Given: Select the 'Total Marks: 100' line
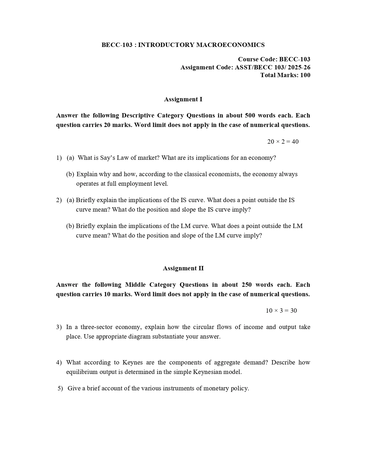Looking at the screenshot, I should click(x=285, y=75).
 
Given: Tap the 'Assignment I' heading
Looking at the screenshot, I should click(x=183, y=99).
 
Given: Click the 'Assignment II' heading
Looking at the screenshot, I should click(x=183, y=268).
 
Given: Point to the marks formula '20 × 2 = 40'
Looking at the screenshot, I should click(x=283, y=142).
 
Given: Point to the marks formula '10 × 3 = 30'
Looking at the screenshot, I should click(x=281, y=311).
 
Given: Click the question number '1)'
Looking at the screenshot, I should click(x=59, y=158).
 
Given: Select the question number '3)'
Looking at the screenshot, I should click(x=59, y=327).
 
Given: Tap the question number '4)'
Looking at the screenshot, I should click(x=59, y=362).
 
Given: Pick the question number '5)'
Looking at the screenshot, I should click(x=60, y=388).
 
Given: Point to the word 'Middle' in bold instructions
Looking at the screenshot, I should click(x=135, y=285).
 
